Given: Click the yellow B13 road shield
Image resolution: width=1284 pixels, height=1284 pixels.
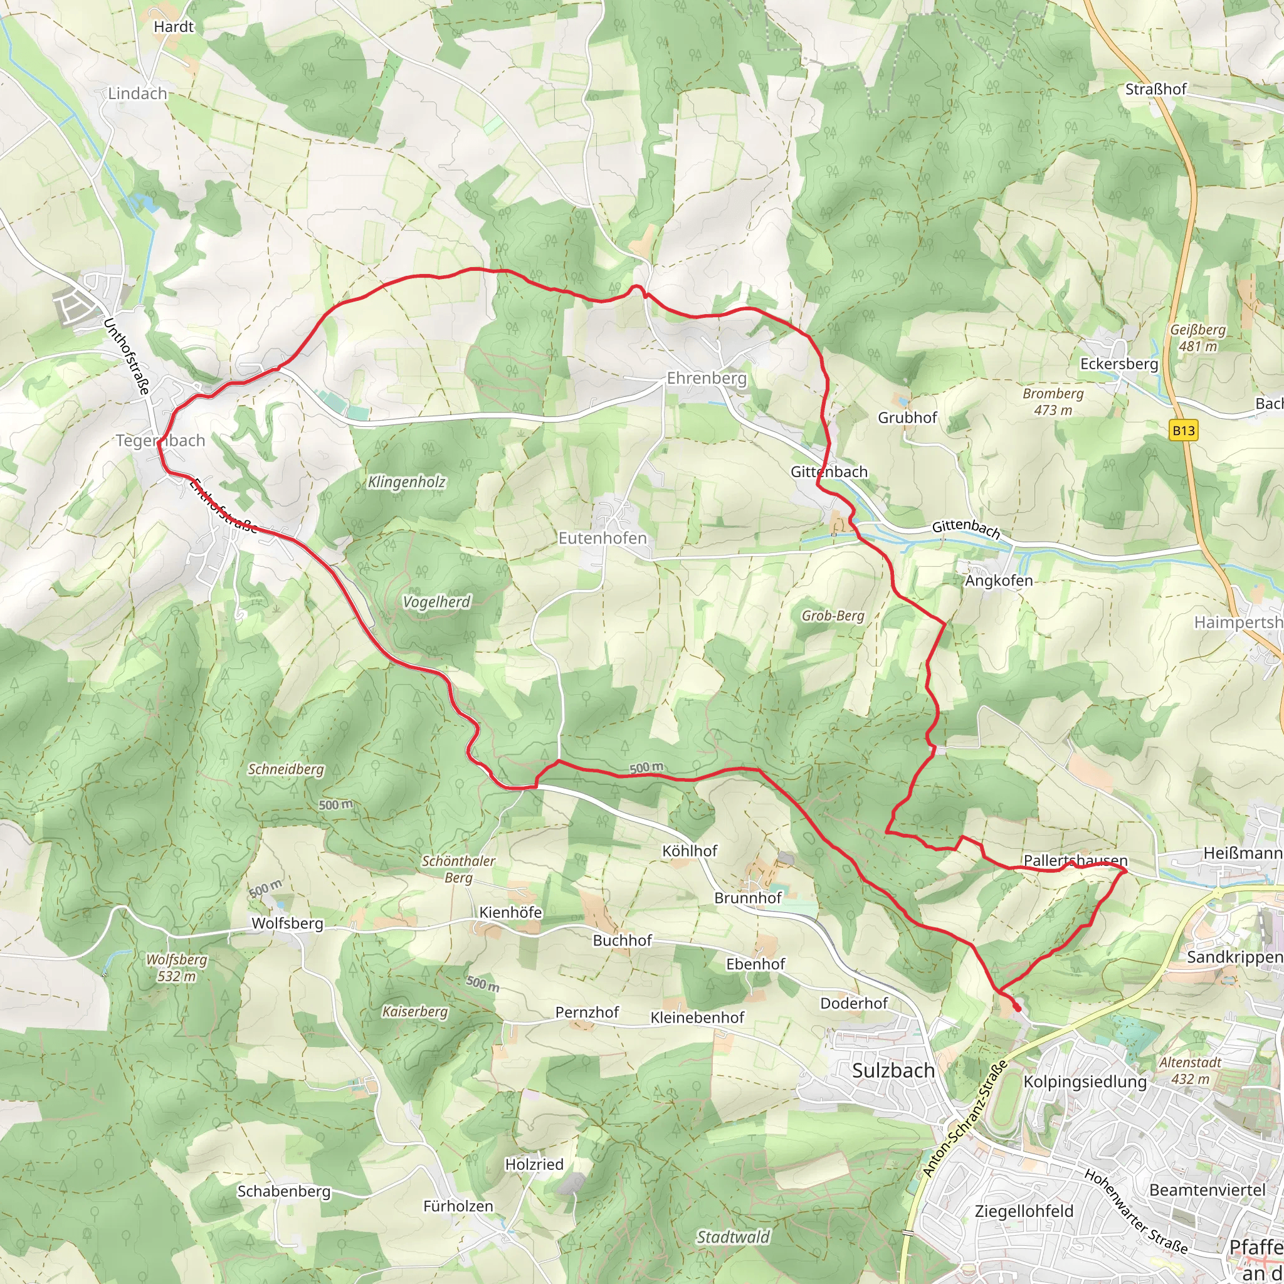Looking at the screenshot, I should [1183, 431].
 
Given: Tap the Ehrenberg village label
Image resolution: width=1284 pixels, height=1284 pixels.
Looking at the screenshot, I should [707, 378].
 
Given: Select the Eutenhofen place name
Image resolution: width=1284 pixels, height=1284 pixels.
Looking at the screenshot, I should [602, 538].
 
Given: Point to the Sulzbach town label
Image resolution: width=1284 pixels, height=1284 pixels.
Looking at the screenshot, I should [893, 1071].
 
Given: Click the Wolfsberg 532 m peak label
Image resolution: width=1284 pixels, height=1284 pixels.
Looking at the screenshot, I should [177, 967].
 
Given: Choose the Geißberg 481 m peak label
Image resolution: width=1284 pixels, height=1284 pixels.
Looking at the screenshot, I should [1197, 338].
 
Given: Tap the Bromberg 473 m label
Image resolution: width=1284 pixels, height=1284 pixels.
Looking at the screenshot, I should [1053, 401].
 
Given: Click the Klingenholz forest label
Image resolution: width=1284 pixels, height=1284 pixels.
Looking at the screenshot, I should [407, 482].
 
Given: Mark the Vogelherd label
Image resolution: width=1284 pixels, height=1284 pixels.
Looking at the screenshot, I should [436, 601].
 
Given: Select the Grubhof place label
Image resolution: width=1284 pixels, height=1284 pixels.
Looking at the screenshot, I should [907, 418].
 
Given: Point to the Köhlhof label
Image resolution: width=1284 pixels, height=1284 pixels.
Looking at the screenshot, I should [690, 851].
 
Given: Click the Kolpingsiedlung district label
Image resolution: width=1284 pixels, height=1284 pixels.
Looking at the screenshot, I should [1085, 1081].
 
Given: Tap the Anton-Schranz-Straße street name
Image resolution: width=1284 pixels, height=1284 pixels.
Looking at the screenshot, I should [965, 1119].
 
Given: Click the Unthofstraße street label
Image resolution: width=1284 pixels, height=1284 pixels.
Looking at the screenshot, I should [126, 356].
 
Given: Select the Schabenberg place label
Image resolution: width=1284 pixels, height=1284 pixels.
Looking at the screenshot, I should [284, 1191].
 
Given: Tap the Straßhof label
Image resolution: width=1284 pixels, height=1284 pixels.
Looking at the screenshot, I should [1155, 89].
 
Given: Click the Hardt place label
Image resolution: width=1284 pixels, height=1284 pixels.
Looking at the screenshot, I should [174, 26].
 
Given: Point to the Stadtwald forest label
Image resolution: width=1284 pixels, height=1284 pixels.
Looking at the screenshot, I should [733, 1237].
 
